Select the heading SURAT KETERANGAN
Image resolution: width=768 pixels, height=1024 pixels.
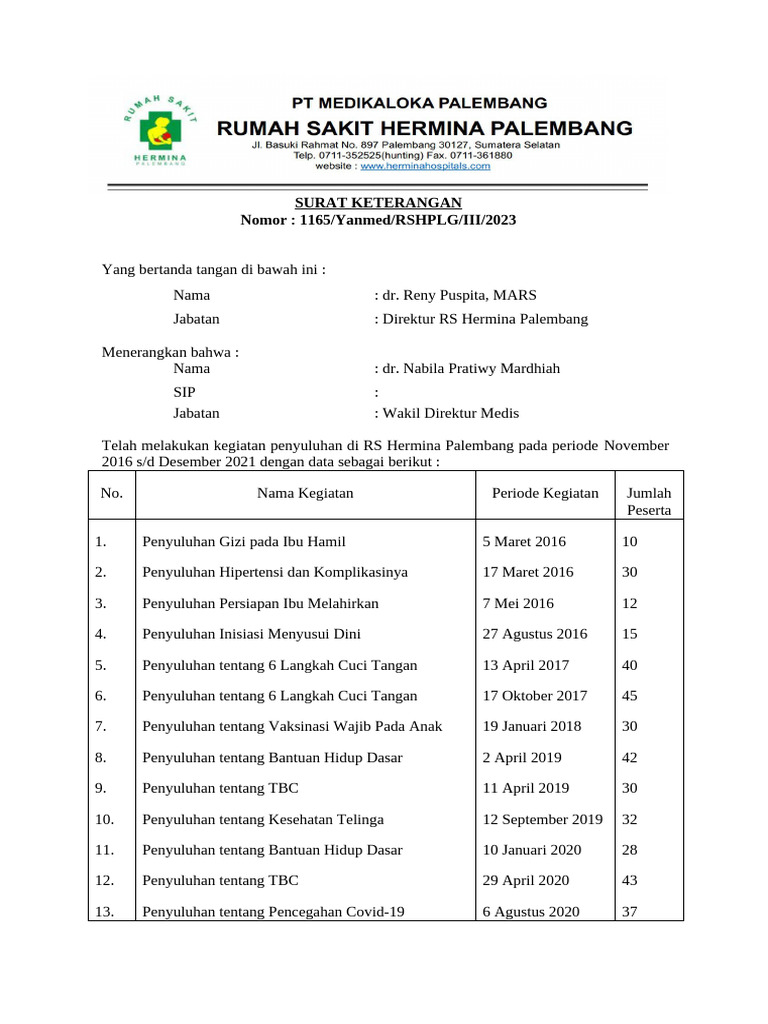point(377,203)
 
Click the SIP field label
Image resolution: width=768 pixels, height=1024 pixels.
point(184,391)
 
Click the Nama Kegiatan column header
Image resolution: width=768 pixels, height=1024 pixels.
point(305,493)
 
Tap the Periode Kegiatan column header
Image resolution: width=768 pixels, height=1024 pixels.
point(545,493)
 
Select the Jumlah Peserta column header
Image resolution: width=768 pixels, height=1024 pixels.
point(649,501)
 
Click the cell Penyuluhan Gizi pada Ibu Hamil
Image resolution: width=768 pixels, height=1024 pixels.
point(244,542)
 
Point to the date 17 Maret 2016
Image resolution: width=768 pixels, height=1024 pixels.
point(528,572)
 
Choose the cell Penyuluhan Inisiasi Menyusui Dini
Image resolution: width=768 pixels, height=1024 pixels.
point(252,634)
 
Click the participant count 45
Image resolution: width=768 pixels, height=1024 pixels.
point(630,696)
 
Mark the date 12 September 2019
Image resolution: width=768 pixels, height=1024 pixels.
point(542,819)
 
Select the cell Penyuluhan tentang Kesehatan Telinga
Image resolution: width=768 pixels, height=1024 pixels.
point(263,819)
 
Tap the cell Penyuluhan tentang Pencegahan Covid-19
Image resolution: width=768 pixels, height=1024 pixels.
point(273,911)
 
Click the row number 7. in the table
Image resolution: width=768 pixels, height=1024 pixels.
point(101,726)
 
